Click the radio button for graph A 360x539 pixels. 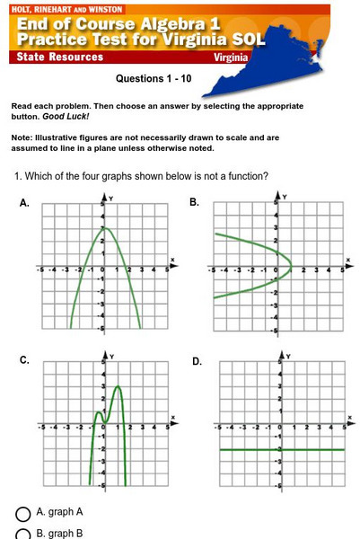24,513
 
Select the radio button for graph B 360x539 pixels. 24,535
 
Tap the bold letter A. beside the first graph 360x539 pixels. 24,204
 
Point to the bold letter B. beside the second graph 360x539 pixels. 194,204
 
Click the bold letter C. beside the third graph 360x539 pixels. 24,360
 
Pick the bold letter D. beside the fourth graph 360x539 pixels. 197,360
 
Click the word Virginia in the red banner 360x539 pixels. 231,57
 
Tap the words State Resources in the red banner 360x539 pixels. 60,57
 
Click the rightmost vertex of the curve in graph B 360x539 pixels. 291,266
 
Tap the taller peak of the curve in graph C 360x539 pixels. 118,387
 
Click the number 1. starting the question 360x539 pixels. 19,175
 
